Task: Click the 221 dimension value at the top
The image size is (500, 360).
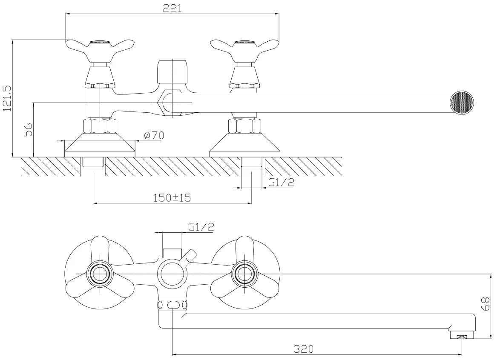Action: (172, 8)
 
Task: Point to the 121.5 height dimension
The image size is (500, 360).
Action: (7, 98)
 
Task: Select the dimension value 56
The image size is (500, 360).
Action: (29, 130)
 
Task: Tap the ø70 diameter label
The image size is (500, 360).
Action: (154, 135)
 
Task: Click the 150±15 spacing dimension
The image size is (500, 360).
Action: (172, 198)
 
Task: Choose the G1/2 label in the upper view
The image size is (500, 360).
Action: (281, 182)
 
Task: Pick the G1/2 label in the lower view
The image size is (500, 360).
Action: (201, 227)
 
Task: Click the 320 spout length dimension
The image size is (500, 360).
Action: (304, 349)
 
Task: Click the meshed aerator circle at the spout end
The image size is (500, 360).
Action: (461, 103)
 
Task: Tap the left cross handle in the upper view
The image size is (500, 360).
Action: (100, 50)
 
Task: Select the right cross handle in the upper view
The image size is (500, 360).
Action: (244, 50)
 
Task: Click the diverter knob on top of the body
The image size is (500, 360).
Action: (172, 71)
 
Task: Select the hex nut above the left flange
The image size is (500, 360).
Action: (100, 126)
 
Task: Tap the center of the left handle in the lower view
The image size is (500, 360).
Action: (100, 274)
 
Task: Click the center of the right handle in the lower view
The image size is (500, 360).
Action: (244, 274)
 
